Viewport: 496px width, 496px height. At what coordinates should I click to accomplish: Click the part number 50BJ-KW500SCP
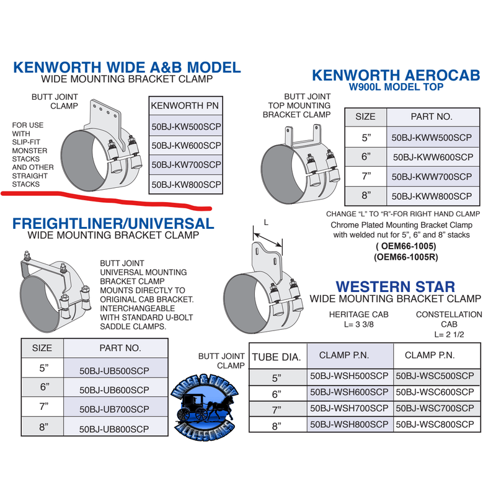coord(186,127)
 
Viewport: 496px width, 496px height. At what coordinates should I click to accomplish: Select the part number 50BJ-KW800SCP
coord(186,184)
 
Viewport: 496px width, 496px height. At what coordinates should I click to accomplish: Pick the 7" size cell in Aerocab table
coord(365,176)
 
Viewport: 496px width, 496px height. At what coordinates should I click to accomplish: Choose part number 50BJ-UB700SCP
coord(115,409)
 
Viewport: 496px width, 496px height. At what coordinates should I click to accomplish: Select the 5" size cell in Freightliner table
coord(43,368)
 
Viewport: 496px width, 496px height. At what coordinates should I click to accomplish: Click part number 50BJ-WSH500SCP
coord(350,376)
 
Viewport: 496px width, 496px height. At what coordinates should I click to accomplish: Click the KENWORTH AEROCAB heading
coord(396,75)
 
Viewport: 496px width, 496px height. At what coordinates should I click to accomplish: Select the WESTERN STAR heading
coord(395,286)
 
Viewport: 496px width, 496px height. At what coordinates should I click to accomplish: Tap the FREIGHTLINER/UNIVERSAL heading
coord(113,223)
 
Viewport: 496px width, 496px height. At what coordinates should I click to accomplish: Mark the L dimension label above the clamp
coord(266,221)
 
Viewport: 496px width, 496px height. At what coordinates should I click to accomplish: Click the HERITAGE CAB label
coord(359,314)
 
